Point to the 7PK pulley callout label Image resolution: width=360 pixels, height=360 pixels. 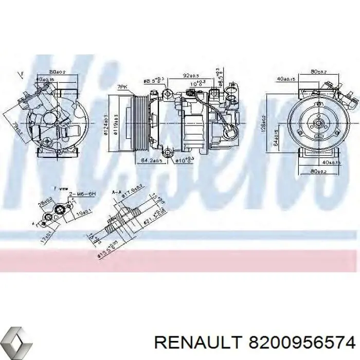coord(122,88)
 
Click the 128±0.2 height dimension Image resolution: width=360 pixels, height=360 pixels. coord(262,123)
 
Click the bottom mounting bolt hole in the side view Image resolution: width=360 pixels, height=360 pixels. coord(166,152)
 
